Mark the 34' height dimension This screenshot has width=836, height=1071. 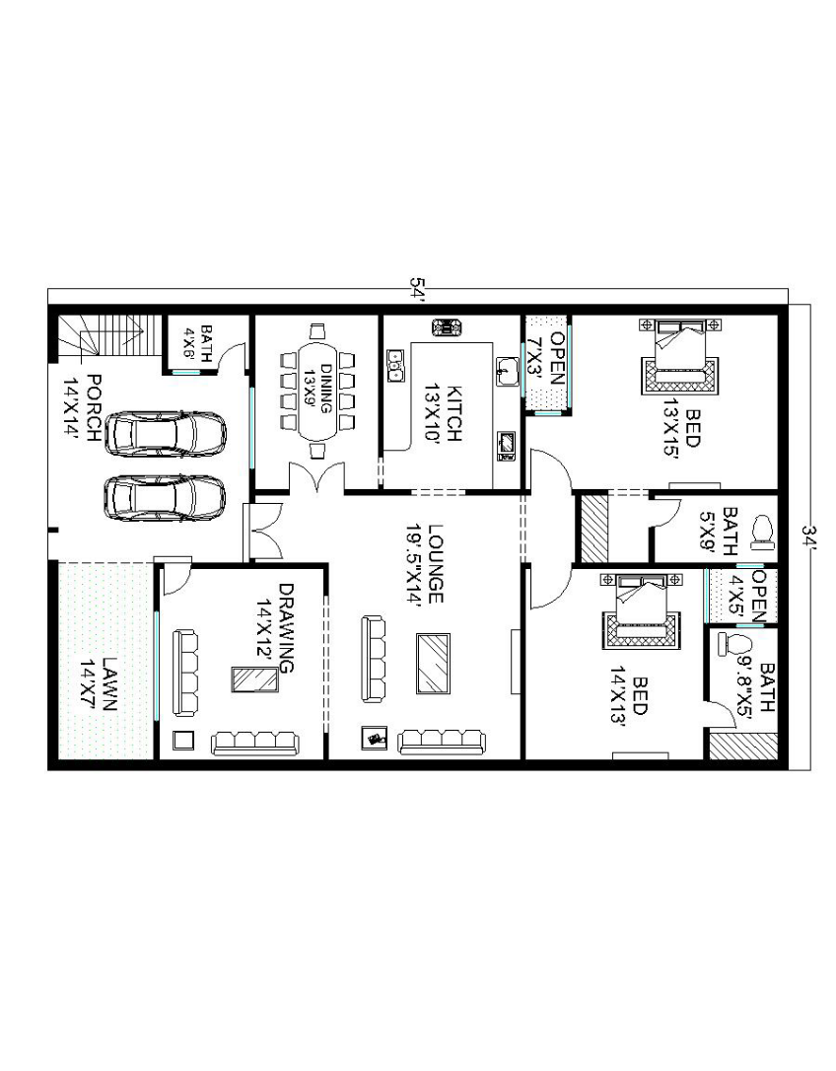810,536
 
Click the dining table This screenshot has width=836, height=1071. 317,392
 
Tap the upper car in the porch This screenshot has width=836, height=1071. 165,432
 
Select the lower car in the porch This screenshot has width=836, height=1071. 165,497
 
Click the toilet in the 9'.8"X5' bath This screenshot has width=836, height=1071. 732,644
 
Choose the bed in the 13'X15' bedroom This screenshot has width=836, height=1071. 679,355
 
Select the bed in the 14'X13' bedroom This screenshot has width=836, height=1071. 641,610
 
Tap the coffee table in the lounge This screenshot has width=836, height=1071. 433,664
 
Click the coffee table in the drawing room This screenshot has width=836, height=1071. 254,679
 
